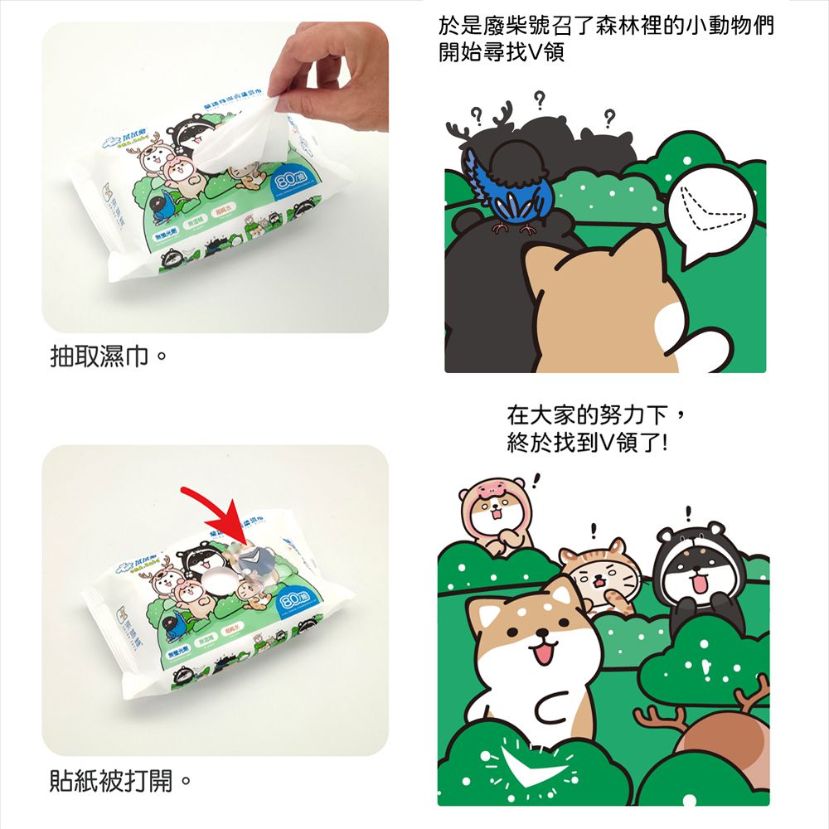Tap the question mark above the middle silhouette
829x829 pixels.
click(x=539, y=101)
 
